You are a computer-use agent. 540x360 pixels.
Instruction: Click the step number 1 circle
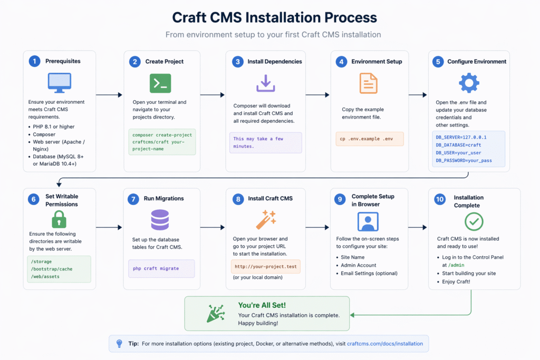tap(34, 61)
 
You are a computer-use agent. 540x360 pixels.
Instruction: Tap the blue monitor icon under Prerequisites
tap(60, 83)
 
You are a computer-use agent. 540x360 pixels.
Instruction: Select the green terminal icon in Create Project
tap(160, 83)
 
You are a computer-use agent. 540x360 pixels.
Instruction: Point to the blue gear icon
tap(469, 83)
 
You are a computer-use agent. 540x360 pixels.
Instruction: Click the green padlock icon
tap(59, 219)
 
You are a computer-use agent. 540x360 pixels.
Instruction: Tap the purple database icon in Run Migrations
tap(160, 219)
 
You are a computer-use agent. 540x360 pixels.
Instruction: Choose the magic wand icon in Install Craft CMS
tap(266, 219)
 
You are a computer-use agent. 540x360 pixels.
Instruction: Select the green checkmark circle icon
tap(474, 221)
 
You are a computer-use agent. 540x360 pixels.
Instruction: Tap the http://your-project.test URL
tap(266, 267)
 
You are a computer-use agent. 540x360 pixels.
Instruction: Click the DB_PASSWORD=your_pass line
tap(464, 160)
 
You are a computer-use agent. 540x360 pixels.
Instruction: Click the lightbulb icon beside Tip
tap(119, 344)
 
